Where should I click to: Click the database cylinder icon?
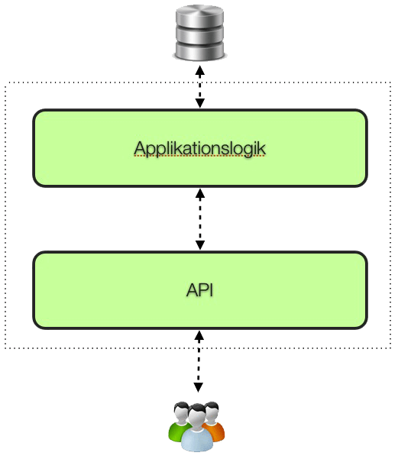199,33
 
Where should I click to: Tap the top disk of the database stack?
199,16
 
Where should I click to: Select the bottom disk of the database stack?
199,51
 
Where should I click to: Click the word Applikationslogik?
199,149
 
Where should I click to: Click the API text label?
199,290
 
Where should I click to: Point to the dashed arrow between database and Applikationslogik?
200,86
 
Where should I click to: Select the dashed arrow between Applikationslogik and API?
200,219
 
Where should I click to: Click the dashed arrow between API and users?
199,361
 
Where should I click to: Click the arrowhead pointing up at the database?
200,70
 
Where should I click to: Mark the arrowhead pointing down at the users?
199,387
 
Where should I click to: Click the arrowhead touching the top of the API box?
200,245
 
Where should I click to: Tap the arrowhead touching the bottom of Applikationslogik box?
200,193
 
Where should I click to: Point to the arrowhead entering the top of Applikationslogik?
200,103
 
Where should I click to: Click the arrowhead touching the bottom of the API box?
199,336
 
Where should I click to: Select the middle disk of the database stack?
199,34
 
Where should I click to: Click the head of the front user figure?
197,413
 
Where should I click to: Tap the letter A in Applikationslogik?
139,148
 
